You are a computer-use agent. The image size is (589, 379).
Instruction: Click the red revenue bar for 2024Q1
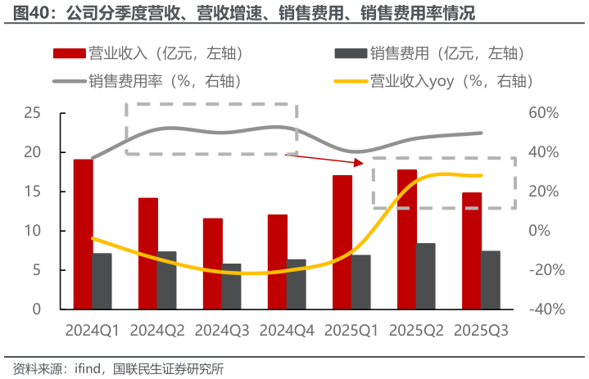83,234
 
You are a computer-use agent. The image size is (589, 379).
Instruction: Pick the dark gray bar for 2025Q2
425,276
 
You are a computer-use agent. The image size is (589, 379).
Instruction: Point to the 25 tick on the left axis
33,113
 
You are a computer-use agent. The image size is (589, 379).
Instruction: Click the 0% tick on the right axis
542,231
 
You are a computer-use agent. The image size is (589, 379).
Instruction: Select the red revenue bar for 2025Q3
471,250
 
